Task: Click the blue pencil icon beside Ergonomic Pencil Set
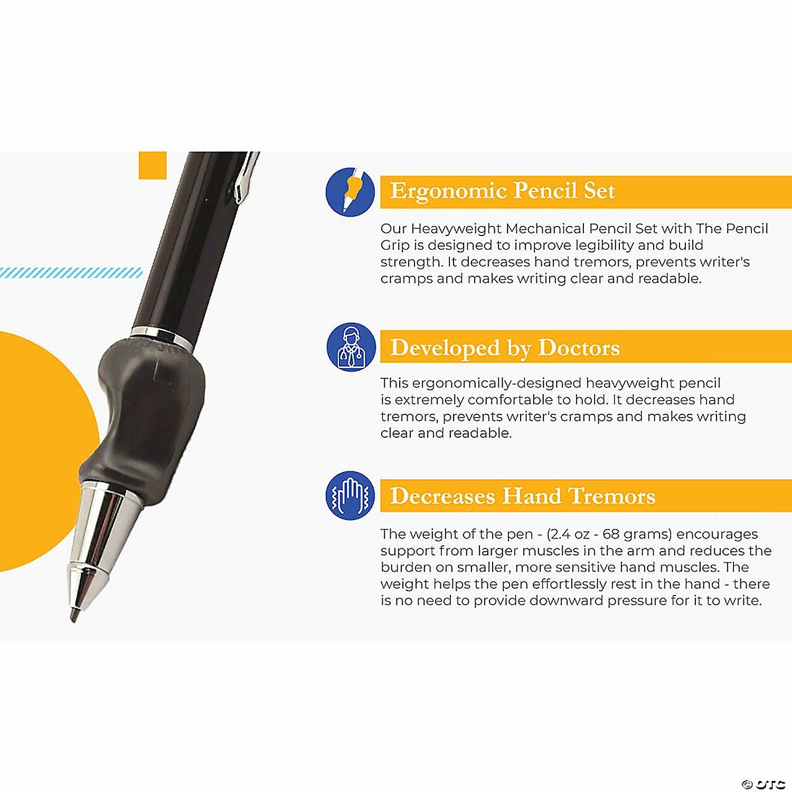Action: (x=350, y=191)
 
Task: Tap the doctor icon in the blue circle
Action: (x=351, y=347)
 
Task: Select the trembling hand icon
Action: (x=350, y=496)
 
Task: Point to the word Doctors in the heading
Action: (x=579, y=348)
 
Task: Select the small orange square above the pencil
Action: (x=153, y=165)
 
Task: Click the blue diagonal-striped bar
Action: (x=71, y=273)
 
